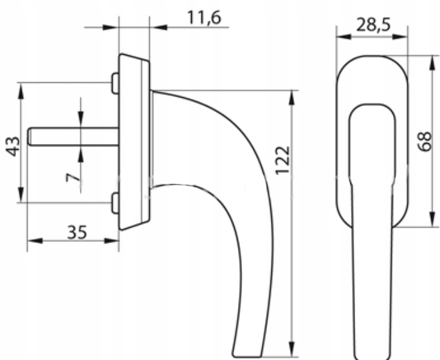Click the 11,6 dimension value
click(x=204, y=18)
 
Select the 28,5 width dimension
click(x=373, y=25)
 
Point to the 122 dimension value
click(x=282, y=160)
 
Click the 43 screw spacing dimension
click(x=14, y=147)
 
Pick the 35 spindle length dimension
click(x=77, y=233)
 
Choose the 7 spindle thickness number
click(x=73, y=177)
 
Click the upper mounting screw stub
click(x=115, y=83)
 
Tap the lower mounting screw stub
click(x=115, y=203)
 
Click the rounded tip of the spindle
click(x=29, y=136)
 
